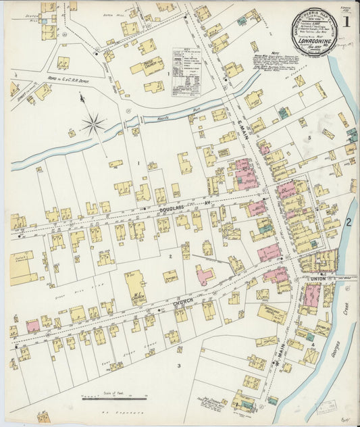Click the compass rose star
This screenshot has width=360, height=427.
94,123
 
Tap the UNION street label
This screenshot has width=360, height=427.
317,278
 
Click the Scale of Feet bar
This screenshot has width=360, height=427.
113,399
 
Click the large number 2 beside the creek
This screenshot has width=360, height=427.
349,222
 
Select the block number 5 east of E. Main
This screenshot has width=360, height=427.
310,138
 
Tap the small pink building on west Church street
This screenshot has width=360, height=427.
32,326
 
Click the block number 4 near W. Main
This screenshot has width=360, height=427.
313,345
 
